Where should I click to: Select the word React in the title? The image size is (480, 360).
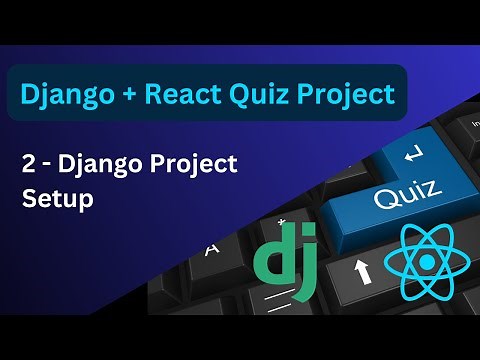[x=179, y=94]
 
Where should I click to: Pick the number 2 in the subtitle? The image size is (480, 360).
[x=29, y=164]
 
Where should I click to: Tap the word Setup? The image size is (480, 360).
[x=58, y=198]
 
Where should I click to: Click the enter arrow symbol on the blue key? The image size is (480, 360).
[x=412, y=156]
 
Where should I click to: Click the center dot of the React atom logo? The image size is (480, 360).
[x=428, y=263]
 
